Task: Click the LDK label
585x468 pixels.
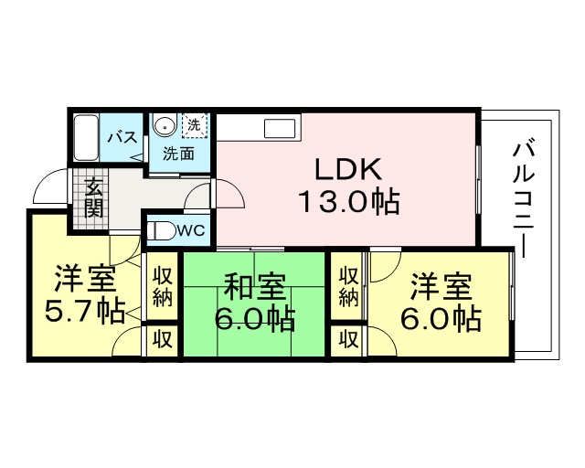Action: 348,170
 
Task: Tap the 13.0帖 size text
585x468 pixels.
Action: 350,202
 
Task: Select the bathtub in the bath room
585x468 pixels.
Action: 86,138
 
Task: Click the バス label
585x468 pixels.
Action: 122,138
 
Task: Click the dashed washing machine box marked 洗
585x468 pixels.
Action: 194,125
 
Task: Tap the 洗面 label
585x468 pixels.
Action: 179,154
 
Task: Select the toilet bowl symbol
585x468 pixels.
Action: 161,231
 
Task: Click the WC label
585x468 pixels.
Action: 190,231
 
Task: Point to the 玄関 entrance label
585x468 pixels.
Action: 93,197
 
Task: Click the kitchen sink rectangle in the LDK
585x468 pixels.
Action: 280,128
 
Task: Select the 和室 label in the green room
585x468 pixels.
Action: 256,287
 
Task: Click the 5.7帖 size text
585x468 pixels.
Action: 84,312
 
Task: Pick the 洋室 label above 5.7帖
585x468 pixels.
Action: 84,279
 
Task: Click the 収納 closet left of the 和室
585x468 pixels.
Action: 163,286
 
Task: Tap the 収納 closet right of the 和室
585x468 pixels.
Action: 349,286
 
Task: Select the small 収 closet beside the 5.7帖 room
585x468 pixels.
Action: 163,340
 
